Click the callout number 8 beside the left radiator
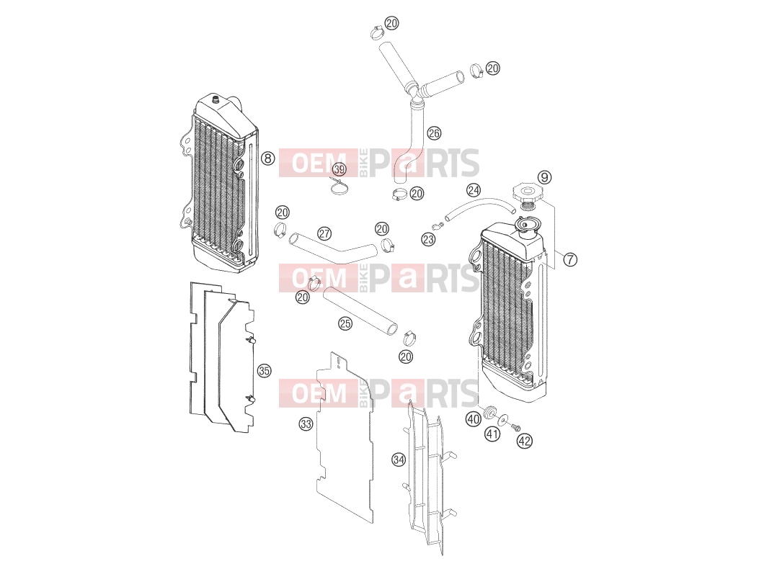click(x=267, y=158)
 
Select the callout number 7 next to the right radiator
click(x=570, y=259)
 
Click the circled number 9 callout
click(x=545, y=177)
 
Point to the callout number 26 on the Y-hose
click(x=434, y=133)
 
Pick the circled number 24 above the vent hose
click(x=474, y=189)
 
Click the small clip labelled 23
click(x=438, y=226)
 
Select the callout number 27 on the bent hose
click(x=324, y=233)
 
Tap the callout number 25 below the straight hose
click(x=345, y=323)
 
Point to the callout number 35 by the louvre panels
click(x=264, y=371)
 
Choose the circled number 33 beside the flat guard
click(x=306, y=424)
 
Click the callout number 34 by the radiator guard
click(x=399, y=460)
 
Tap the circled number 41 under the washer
click(x=492, y=434)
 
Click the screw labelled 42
click(x=515, y=426)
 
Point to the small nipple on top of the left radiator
click(x=216, y=100)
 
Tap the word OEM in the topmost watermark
click(x=319, y=163)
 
